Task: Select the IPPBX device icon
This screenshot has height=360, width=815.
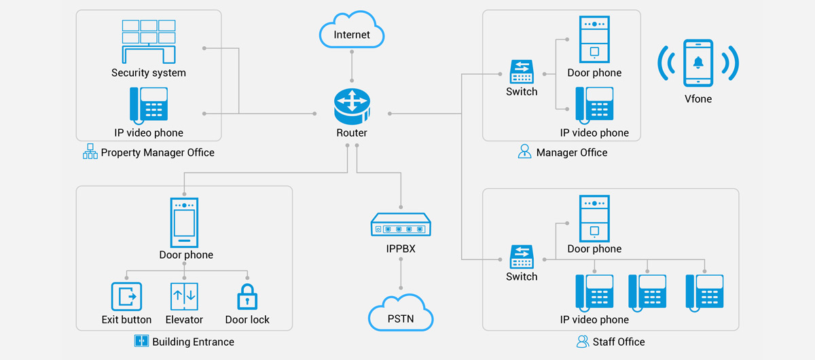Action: tap(401, 224)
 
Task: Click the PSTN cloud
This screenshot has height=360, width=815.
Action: tap(401, 314)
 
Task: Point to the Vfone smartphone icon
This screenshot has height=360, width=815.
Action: tap(698, 63)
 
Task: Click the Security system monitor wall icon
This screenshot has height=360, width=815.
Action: tap(149, 41)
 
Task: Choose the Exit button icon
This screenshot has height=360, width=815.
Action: tap(126, 297)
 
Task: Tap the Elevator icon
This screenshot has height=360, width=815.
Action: tap(183, 297)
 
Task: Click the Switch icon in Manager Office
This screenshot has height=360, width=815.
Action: tap(522, 71)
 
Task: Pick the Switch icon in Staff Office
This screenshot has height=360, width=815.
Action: tap(522, 257)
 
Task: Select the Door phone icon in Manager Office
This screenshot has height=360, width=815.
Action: tap(594, 39)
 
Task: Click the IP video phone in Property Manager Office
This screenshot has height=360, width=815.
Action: tap(149, 105)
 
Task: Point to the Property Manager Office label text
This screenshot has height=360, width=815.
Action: tap(158, 153)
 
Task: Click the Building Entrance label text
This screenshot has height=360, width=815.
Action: tap(193, 342)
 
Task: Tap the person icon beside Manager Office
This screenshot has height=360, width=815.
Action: tap(524, 151)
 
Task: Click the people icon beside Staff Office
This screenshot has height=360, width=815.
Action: tap(582, 341)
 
